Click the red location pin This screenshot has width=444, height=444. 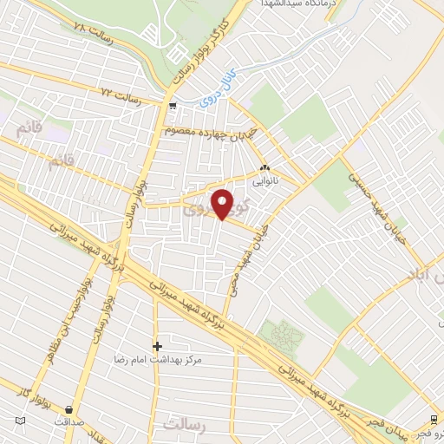coord(223,204)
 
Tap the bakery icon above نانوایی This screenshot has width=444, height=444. coord(264,169)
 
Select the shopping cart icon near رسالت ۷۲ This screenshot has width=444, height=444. coord(173,107)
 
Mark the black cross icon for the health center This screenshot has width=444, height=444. coord(157,346)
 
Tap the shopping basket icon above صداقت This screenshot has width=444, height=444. coord(69,409)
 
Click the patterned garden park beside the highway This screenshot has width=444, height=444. coord(282,332)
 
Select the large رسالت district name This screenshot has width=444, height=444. coord(186,423)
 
